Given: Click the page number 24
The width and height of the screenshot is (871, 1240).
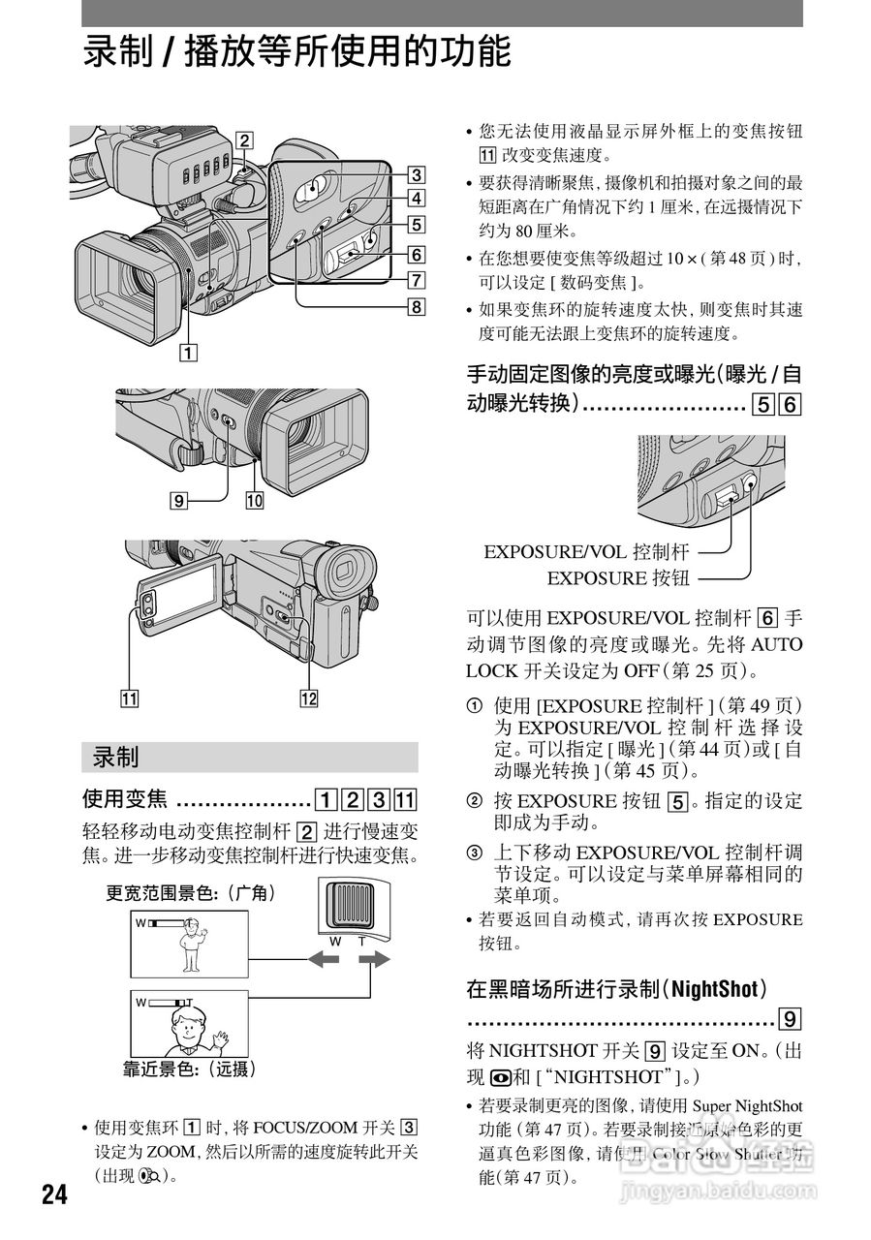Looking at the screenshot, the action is click(55, 1193).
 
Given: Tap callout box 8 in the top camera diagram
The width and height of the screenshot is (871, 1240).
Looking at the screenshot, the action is click(416, 308).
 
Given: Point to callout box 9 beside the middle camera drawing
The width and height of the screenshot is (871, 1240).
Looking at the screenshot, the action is click(177, 501).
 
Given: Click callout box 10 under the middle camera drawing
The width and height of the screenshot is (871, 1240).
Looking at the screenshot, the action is click(255, 501).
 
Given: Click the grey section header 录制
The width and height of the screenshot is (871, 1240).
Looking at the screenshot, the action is click(116, 757).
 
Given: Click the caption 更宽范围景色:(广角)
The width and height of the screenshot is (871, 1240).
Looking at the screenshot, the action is click(191, 894).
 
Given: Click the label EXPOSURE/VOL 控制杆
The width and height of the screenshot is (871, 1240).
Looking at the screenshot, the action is click(586, 552).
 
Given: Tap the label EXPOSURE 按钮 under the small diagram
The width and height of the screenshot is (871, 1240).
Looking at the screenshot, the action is click(618, 578).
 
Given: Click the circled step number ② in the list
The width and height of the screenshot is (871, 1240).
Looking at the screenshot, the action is click(474, 801).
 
